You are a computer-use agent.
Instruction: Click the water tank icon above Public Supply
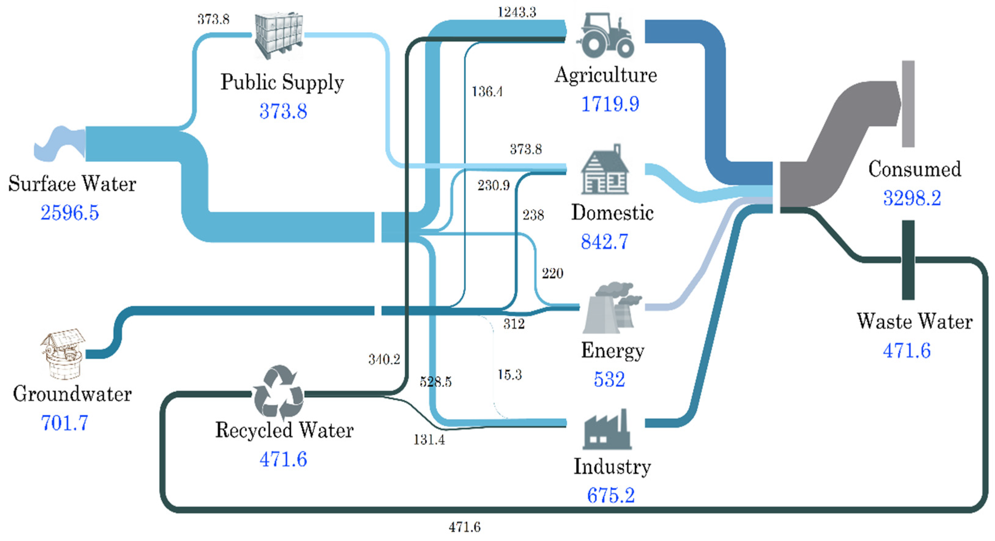(x=278, y=35)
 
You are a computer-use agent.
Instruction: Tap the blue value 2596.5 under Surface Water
(x=70, y=213)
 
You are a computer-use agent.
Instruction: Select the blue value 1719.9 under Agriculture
(x=610, y=104)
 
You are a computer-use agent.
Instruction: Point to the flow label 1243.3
(x=517, y=12)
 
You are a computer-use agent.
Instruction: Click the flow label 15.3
(x=509, y=374)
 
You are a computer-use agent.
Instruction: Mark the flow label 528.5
(x=436, y=382)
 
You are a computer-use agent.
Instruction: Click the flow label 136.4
(x=487, y=92)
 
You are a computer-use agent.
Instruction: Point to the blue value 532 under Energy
(x=609, y=379)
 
